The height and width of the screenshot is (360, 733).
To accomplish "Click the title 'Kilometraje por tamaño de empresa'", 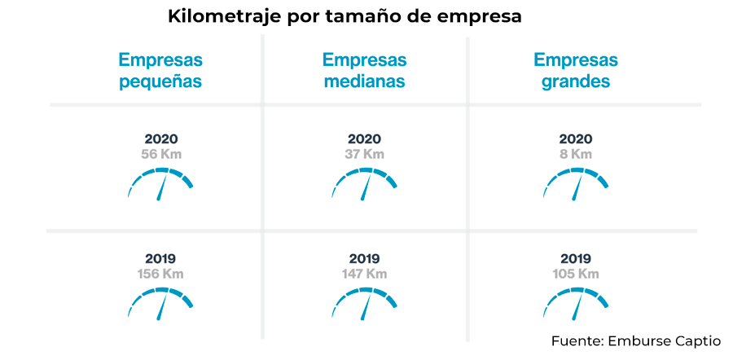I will point(345,16).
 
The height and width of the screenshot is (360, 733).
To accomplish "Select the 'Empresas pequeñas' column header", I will point(160,71).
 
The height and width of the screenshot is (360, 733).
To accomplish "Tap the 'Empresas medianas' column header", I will point(364,71).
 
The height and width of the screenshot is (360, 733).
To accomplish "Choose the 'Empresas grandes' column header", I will point(576,71).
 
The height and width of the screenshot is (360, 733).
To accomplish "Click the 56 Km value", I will point(160,154).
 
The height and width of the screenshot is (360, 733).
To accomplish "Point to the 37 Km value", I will point(364,154).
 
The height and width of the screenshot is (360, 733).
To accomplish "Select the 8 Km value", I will point(576,154).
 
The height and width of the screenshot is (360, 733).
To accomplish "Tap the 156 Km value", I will point(160,274).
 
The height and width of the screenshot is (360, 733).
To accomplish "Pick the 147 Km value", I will point(364,274).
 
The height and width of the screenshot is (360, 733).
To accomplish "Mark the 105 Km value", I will point(576,274).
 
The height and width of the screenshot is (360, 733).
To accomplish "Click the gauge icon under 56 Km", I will point(160,183).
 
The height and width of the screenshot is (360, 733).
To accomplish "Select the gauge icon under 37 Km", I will point(364,183).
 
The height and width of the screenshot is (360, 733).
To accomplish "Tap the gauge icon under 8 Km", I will point(576,183).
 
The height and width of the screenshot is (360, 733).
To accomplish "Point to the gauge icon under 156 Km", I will point(160,303).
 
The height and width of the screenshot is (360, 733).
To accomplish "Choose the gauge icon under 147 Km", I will point(364,303).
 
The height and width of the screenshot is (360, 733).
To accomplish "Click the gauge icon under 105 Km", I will point(576,303).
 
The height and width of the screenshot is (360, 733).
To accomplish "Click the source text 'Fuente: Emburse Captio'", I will point(635,340).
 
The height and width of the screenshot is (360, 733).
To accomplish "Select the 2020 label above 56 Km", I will point(160,139).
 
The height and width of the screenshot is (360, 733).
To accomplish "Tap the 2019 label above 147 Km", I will point(364,259).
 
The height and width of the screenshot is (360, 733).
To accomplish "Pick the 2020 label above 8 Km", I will point(576,139).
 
